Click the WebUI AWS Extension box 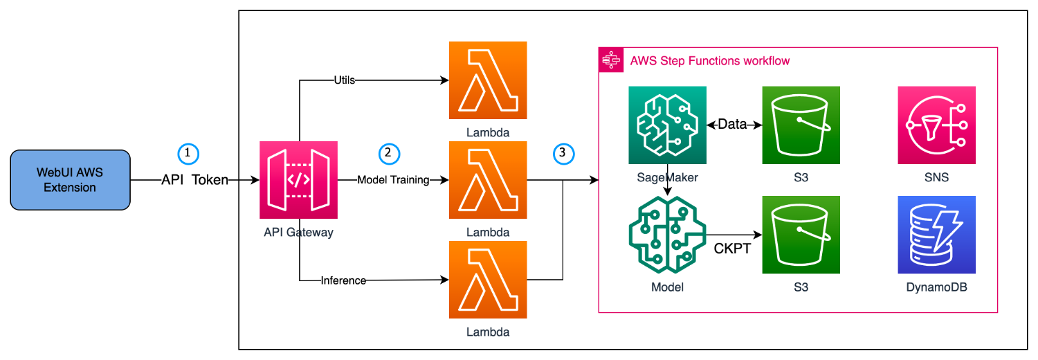(70, 180)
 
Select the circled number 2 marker (390, 153)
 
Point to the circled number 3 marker (564, 153)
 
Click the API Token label (194, 180)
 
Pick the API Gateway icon (298, 180)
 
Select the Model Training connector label (393, 180)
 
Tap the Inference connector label (343, 280)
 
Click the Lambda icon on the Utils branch (488, 80)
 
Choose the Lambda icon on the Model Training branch (488, 180)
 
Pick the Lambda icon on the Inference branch (488, 280)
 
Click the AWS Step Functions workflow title (710, 61)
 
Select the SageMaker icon (667, 125)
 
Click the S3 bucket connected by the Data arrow (801, 125)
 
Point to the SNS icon (936, 125)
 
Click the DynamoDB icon (936, 235)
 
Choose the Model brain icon (667, 235)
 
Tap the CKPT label (732, 249)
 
